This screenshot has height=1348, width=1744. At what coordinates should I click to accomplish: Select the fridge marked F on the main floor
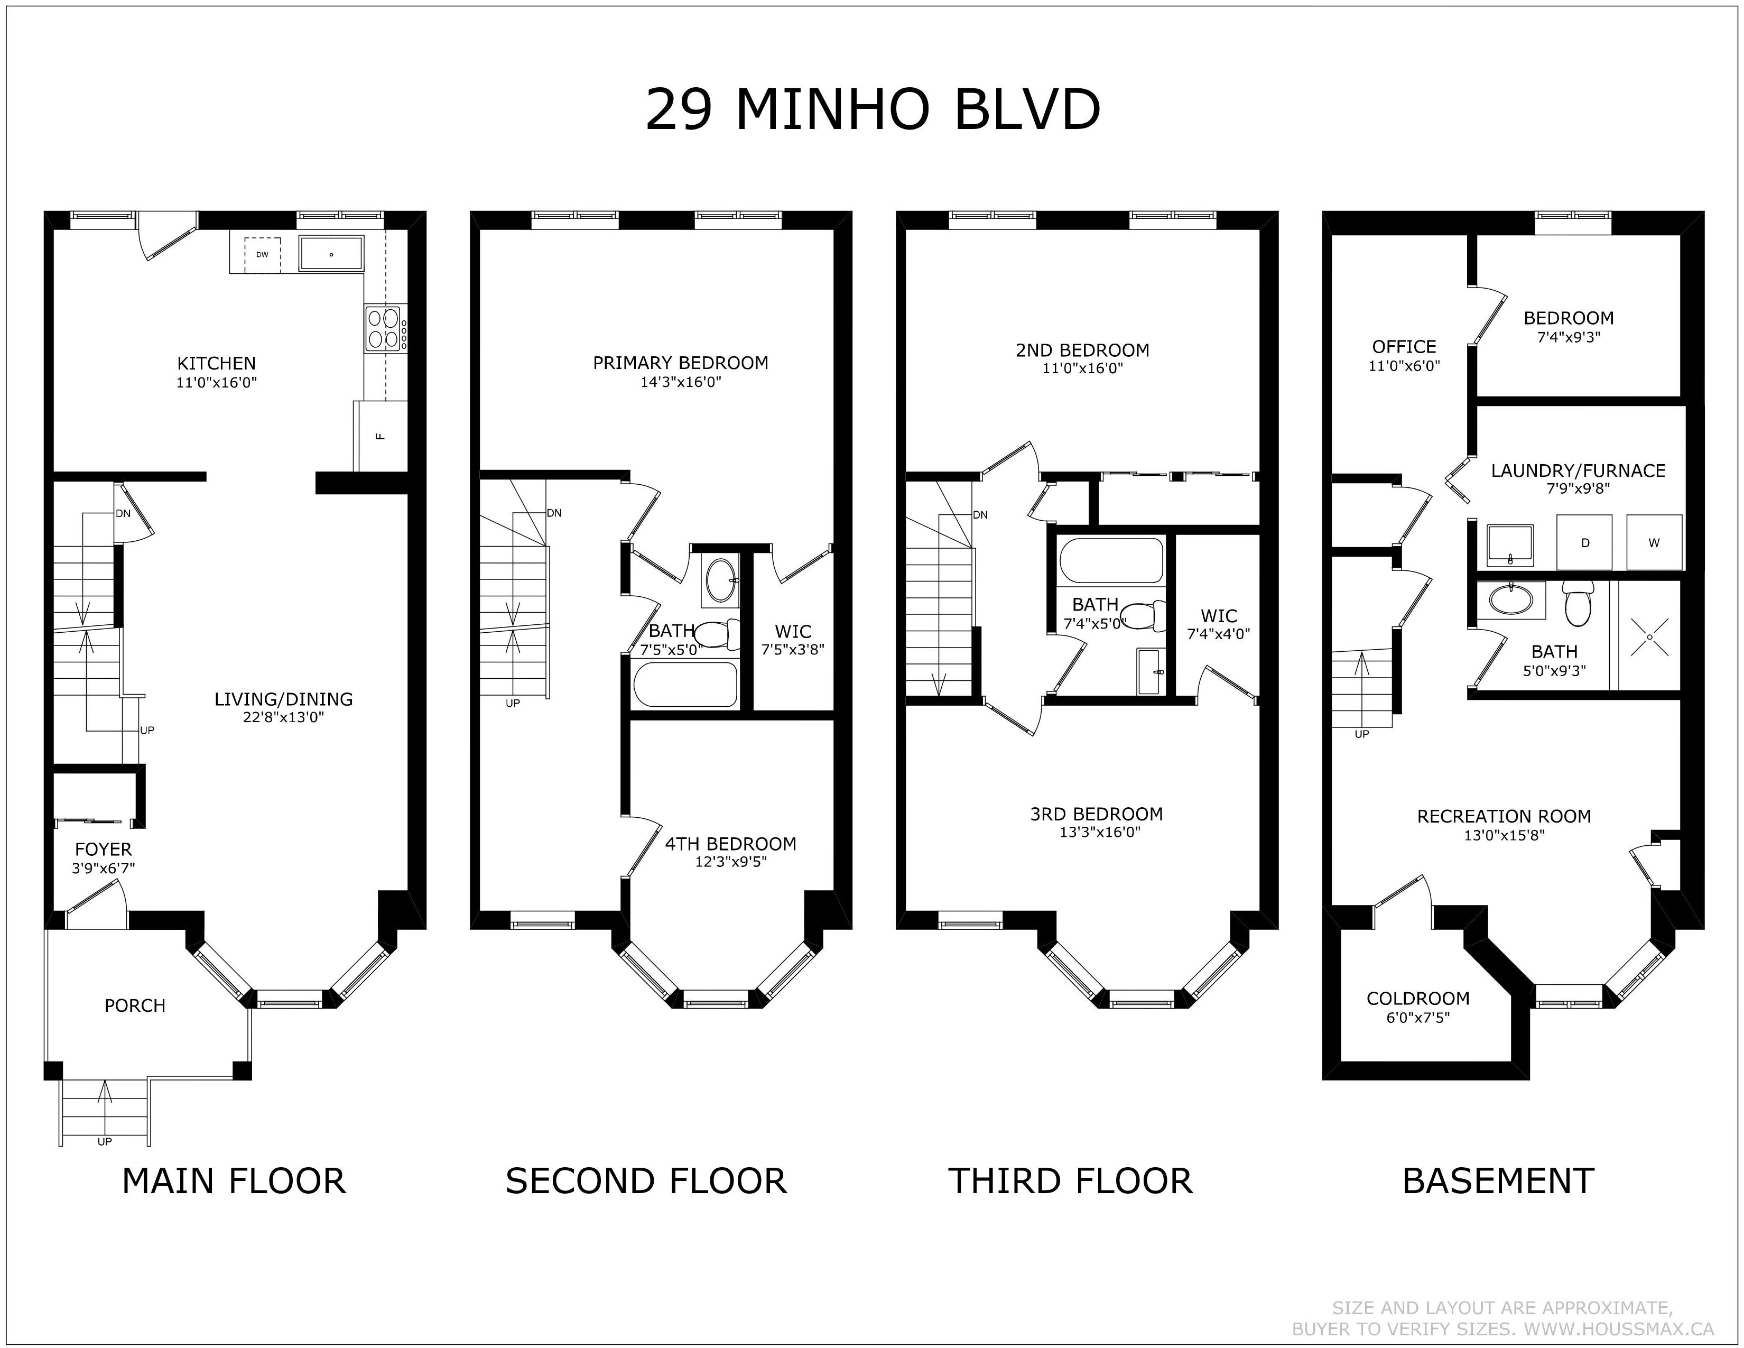[x=380, y=436]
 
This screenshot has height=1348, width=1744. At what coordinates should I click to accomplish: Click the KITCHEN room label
[x=216, y=363]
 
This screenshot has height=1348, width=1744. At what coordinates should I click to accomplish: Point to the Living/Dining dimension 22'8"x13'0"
[x=283, y=717]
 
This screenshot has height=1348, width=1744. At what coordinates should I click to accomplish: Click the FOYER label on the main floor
[x=103, y=850]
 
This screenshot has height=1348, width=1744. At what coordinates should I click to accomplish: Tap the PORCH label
[x=135, y=1005]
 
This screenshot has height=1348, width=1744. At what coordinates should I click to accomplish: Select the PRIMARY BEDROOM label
[x=680, y=363]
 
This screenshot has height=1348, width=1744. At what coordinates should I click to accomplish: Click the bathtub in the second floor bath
[x=685, y=685]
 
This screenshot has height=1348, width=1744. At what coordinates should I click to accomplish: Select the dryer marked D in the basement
[x=1584, y=542]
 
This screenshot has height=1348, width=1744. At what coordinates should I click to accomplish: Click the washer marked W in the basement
[x=1655, y=542]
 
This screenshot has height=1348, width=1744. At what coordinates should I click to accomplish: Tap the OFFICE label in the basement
[x=1404, y=347]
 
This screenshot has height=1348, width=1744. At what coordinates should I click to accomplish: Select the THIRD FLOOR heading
[x=1070, y=1181]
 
